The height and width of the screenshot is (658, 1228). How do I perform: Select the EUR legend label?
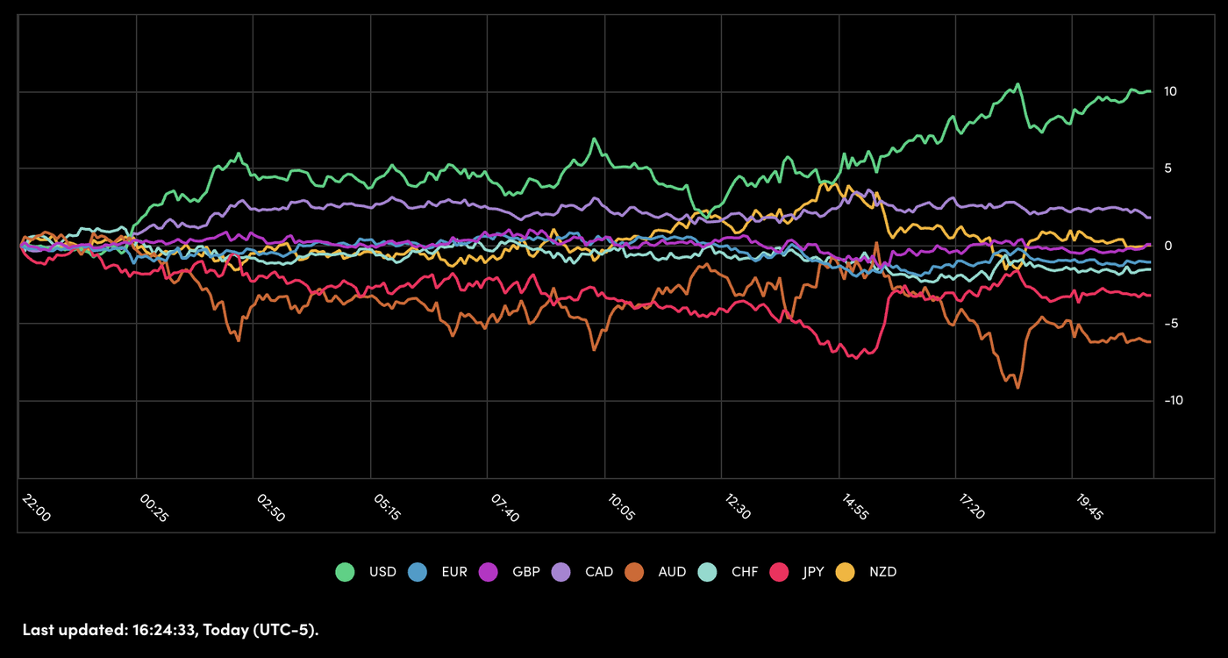(x=454, y=572)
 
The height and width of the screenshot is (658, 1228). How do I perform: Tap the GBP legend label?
(x=525, y=572)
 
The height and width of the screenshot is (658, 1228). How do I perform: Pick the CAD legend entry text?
(x=599, y=572)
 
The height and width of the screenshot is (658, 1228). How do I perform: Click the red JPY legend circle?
(x=779, y=572)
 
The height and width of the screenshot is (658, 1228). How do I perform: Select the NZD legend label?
(x=883, y=572)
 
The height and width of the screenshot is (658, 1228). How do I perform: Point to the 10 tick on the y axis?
(x=1170, y=91)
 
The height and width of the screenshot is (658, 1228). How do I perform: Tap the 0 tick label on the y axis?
(x=1167, y=246)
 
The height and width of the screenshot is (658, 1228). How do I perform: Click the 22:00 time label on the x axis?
(x=37, y=507)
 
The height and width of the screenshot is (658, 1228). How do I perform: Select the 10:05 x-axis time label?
(x=621, y=507)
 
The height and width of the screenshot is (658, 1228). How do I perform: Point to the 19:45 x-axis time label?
(x=1089, y=507)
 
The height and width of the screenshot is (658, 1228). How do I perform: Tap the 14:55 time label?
(x=855, y=507)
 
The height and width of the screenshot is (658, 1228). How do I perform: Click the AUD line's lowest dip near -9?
(x=1017, y=386)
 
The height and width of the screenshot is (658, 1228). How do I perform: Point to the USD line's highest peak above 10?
(x=1017, y=84)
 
